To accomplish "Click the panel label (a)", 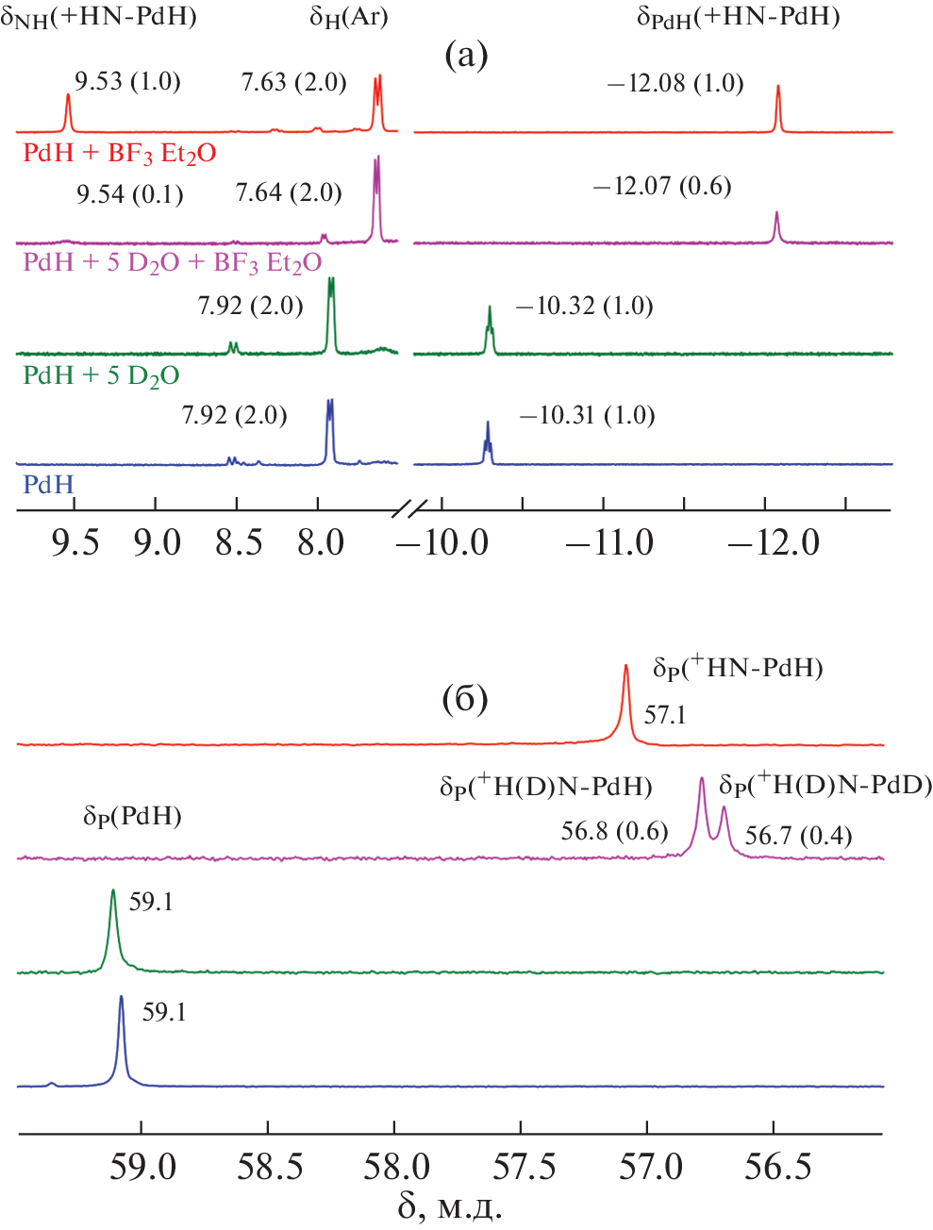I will point(466,56).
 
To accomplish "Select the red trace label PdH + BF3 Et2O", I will point(120,153).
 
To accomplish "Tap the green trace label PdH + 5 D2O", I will point(101,375).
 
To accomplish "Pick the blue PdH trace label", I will point(48,485).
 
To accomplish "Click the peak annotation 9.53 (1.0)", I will point(127,81).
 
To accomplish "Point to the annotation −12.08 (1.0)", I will point(675,84).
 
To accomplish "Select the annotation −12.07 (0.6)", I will point(662,186).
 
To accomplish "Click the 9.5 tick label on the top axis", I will point(75,543).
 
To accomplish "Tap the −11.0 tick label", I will point(609,543).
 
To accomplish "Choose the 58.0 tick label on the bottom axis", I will point(395,1167).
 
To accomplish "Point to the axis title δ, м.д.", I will point(449,1206).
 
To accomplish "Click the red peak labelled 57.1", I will point(625,669).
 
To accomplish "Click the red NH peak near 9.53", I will point(68,97).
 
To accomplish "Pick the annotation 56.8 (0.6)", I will point(614,831).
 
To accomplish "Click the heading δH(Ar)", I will point(349,18).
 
